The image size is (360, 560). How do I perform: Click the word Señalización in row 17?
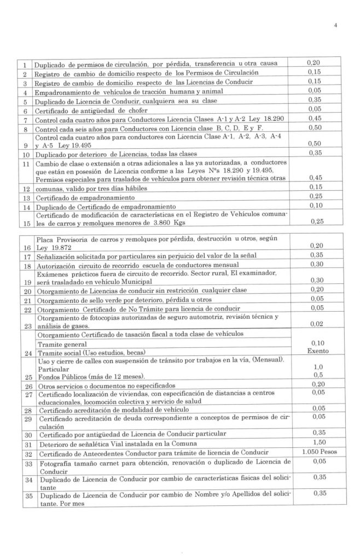pos(60,256)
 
